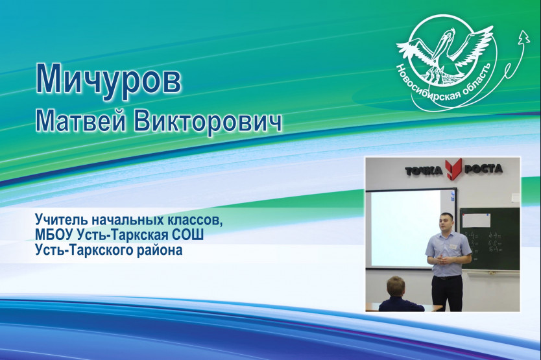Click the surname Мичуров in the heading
pyautogui.click(x=108, y=80)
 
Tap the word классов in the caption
pyautogui.click(x=196, y=219)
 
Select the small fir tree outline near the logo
pyautogui.click(x=524, y=36)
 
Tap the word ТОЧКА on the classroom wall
pyautogui.click(x=424, y=170)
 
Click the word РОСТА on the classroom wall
pyautogui.click(x=483, y=169)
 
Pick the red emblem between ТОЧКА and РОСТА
pyautogui.click(x=453, y=169)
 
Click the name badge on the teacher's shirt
pyautogui.click(x=452, y=246)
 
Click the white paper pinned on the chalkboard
pyautogui.click(x=476, y=221)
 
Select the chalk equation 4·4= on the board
pyautogui.click(x=495, y=237)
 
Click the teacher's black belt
pyautogui.click(x=446, y=277)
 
